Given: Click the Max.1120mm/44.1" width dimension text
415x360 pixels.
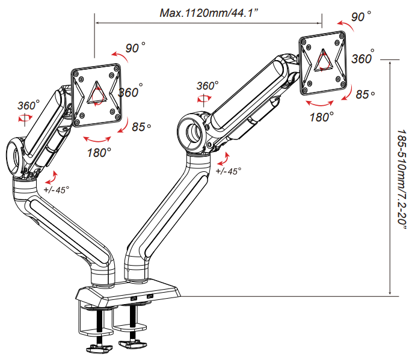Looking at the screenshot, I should (207, 13).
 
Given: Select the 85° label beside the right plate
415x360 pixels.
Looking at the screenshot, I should (365, 94).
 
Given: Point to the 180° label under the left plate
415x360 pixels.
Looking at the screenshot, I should (99, 153).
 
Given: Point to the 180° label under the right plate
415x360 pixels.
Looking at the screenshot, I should (322, 117).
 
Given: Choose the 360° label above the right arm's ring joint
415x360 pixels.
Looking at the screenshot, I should (206, 86).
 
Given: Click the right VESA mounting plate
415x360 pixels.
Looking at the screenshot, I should (324, 63).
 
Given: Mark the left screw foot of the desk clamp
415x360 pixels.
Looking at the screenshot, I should (99, 346).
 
